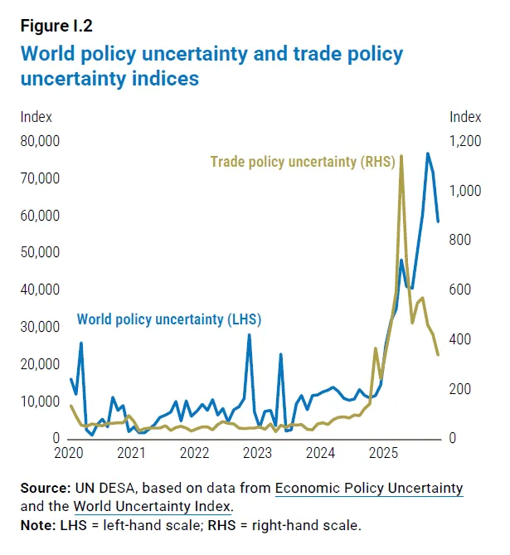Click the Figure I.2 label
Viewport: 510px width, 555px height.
coord(56,24)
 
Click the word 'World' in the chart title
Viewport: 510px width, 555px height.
coord(52,55)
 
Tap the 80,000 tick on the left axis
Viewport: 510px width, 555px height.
coord(39,141)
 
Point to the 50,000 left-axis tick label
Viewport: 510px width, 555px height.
coord(39,252)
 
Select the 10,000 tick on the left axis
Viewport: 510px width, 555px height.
coord(39,402)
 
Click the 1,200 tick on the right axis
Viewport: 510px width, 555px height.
coord(465,141)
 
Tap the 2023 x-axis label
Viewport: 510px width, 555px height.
coord(257,454)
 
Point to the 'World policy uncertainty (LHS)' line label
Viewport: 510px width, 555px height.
coord(169,319)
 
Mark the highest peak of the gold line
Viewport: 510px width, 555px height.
coord(401,156)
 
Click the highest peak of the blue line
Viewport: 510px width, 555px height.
coord(428,153)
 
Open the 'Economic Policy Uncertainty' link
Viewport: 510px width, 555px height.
coord(369,488)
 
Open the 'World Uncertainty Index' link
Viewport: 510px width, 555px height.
coord(153,506)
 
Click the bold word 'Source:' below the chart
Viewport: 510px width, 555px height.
coord(45,488)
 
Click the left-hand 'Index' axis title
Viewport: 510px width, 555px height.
coord(36,117)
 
